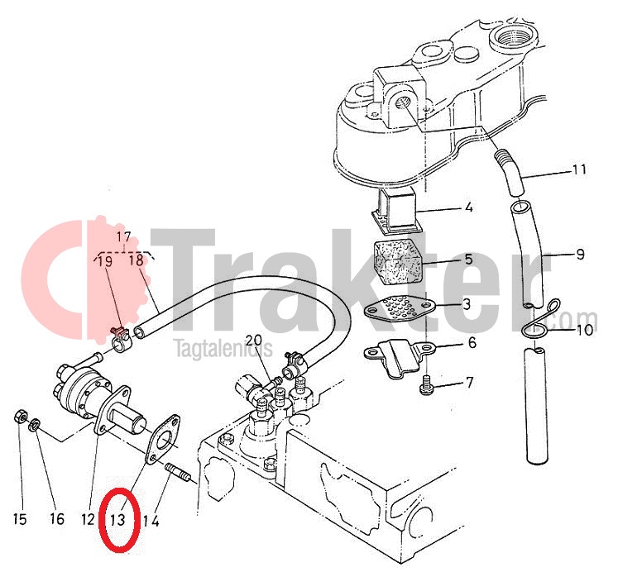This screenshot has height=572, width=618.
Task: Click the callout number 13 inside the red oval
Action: click(117, 520)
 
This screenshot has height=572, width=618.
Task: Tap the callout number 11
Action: click(578, 169)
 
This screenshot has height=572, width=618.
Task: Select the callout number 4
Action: click(468, 207)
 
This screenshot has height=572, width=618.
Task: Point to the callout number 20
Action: click(254, 340)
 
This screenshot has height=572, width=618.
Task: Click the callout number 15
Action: click(19, 519)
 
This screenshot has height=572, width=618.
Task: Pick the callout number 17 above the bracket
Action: click(124, 237)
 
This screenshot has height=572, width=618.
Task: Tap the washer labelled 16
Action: click(34, 424)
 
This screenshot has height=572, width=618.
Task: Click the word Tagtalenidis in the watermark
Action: click(223, 349)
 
